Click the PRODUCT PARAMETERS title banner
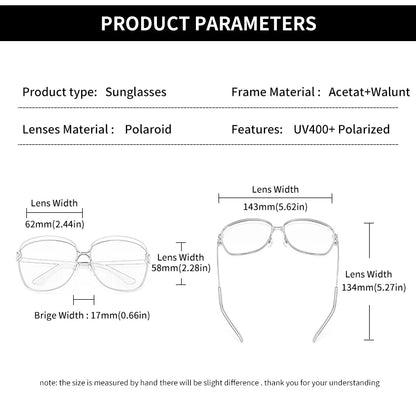[208, 23]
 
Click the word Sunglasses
[135, 91]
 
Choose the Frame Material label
[275, 91]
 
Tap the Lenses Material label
[67, 129]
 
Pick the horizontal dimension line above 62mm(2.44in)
[55, 212]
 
